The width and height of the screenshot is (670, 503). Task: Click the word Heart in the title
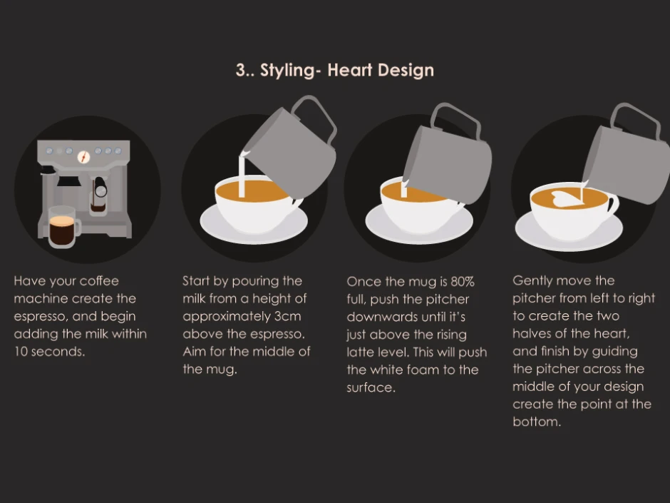click(349, 70)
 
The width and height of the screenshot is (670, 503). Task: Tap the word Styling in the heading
click(287, 71)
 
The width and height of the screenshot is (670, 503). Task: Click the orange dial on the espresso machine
click(84, 158)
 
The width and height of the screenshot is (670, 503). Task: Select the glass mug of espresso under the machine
click(64, 226)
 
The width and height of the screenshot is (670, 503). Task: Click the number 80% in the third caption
click(463, 281)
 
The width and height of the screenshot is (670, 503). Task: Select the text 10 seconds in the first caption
click(49, 352)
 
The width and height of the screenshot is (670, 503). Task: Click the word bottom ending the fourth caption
click(536, 422)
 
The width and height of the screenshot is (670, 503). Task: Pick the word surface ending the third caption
click(371, 387)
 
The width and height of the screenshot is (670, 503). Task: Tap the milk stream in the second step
click(242, 176)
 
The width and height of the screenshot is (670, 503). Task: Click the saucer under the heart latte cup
click(569, 231)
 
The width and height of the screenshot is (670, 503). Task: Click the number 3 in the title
click(241, 70)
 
